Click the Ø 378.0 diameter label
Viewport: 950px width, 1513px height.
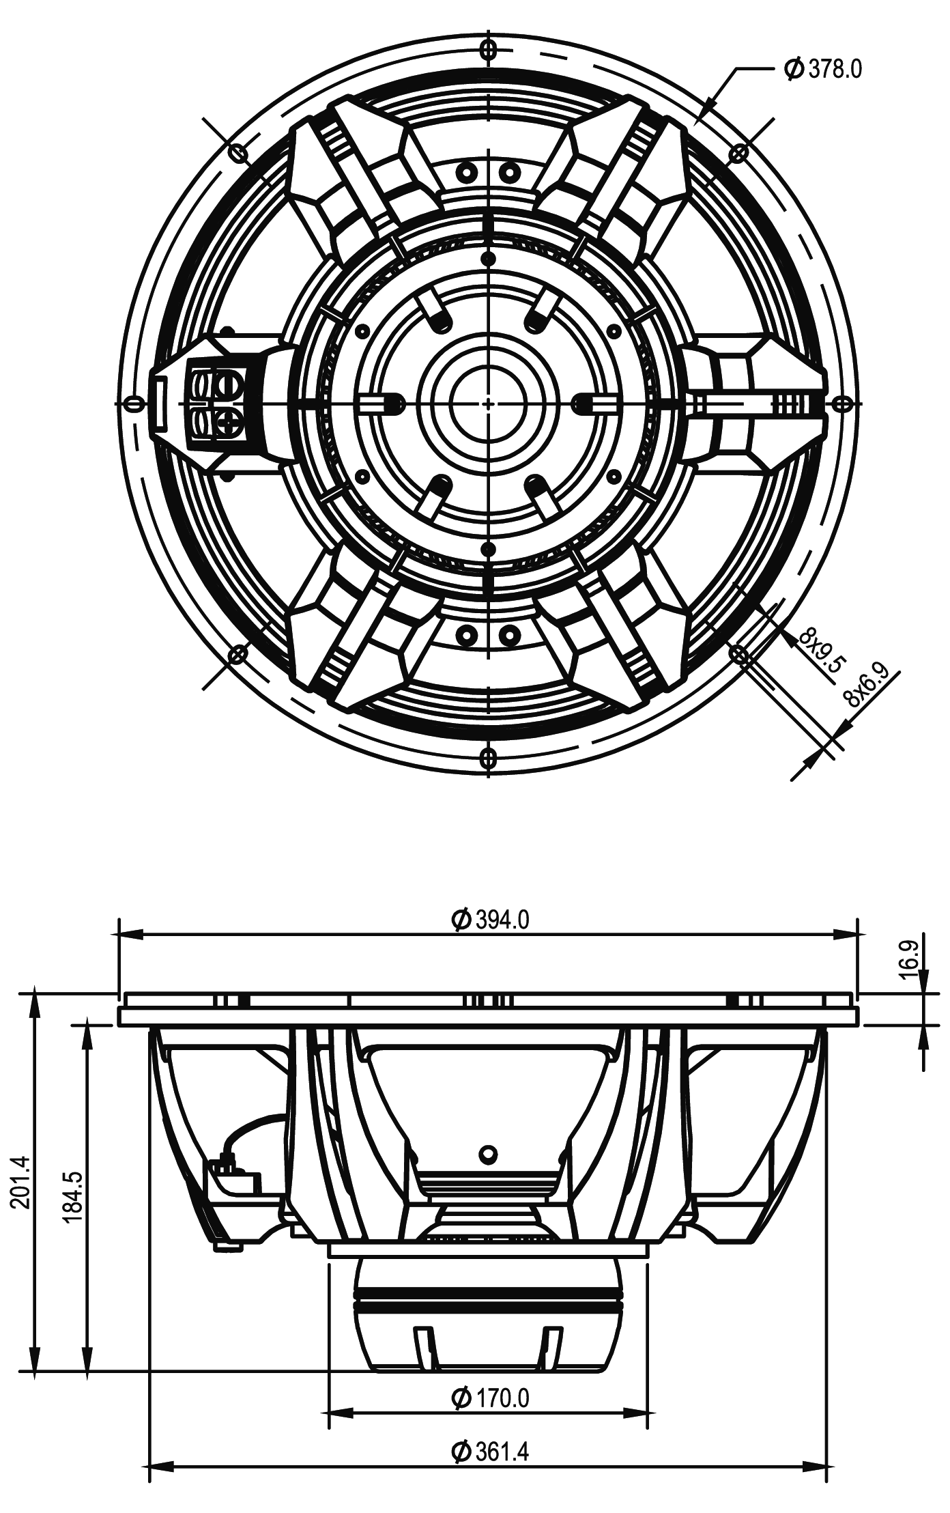(x=824, y=69)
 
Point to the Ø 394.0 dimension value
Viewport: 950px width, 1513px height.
(x=489, y=920)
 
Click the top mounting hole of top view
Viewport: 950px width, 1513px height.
(x=489, y=49)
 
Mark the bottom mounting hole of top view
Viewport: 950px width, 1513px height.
(x=489, y=757)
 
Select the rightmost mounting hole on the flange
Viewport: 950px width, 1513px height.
(x=841, y=404)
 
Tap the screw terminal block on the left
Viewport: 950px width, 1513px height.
(x=214, y=403)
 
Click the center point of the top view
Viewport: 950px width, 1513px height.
(x=489, y=404)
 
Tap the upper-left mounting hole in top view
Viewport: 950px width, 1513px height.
(x=238, y=153)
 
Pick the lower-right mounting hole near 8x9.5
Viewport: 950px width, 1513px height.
(x=738, y=654)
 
